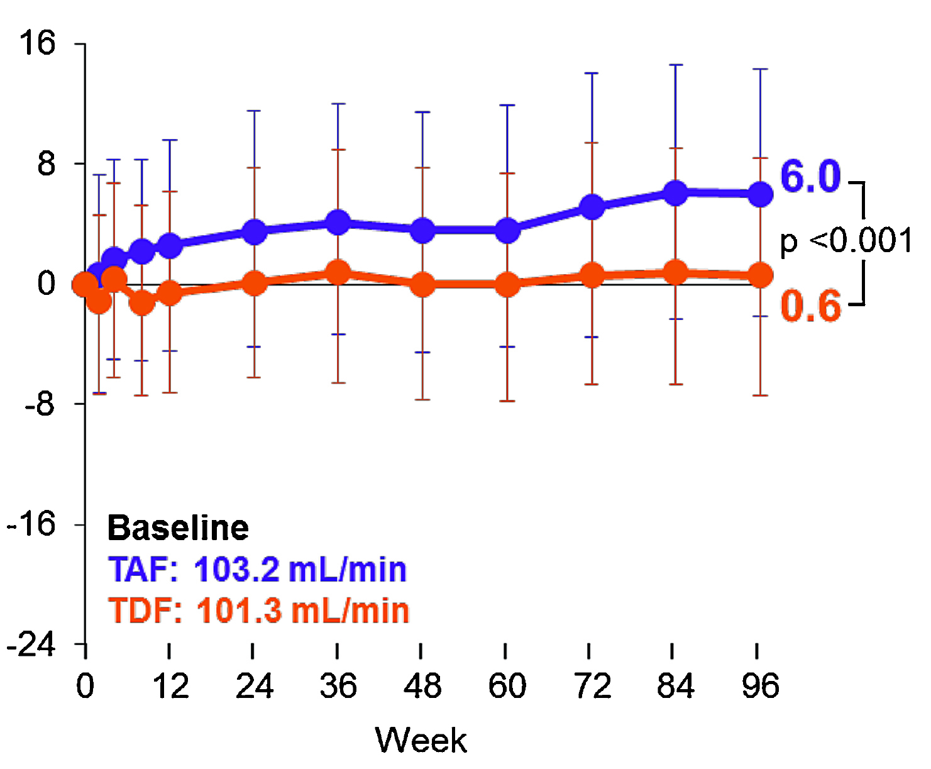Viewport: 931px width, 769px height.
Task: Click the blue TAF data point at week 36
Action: pyautogui.click(x=338, y=222)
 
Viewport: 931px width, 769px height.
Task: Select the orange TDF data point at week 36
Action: pyautogui.click(x=338, y=272)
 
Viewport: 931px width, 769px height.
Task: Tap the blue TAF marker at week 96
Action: pyautogui.click(x=761, y=194)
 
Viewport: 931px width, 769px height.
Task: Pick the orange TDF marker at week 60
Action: pyautogui.click(x=507, y=284)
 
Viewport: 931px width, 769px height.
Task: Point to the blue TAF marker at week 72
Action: pyautogui.click(x=592, y=207)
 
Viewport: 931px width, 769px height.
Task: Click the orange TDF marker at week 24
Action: pyautogui.click(x=254, y=284)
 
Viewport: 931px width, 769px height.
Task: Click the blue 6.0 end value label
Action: pyautogui.click(x=810, y=177)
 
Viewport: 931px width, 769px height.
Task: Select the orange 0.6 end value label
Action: pyautogui.click(x=810, y=306)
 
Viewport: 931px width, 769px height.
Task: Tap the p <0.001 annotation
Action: pyautogui.click(x=846, y=241)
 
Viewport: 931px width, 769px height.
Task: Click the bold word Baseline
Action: pyautogui.click(x=179, y=528)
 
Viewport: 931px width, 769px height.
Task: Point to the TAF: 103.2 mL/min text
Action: pyautogui.click(x=258, y=570)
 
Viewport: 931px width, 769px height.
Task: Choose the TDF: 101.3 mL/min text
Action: pyautogui.click(x=258, y=611)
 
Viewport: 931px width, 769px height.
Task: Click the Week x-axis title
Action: pyautogui.click(x=421, y=739)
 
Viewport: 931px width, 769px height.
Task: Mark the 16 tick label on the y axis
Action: pyautogui.click(x=38, y=43)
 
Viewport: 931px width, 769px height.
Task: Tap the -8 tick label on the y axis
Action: pyautogui.click(x=40, y=404)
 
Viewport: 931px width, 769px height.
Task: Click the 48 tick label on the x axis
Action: pyautogui.click(x=422, y=686)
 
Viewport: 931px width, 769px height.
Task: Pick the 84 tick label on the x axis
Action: pyautogui.click(x=676, y=686)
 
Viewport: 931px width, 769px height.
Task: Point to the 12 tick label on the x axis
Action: pyautogui.click(x=170, y=686)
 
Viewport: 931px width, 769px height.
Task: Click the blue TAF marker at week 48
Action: pyautogui.click(x=422, y=230)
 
